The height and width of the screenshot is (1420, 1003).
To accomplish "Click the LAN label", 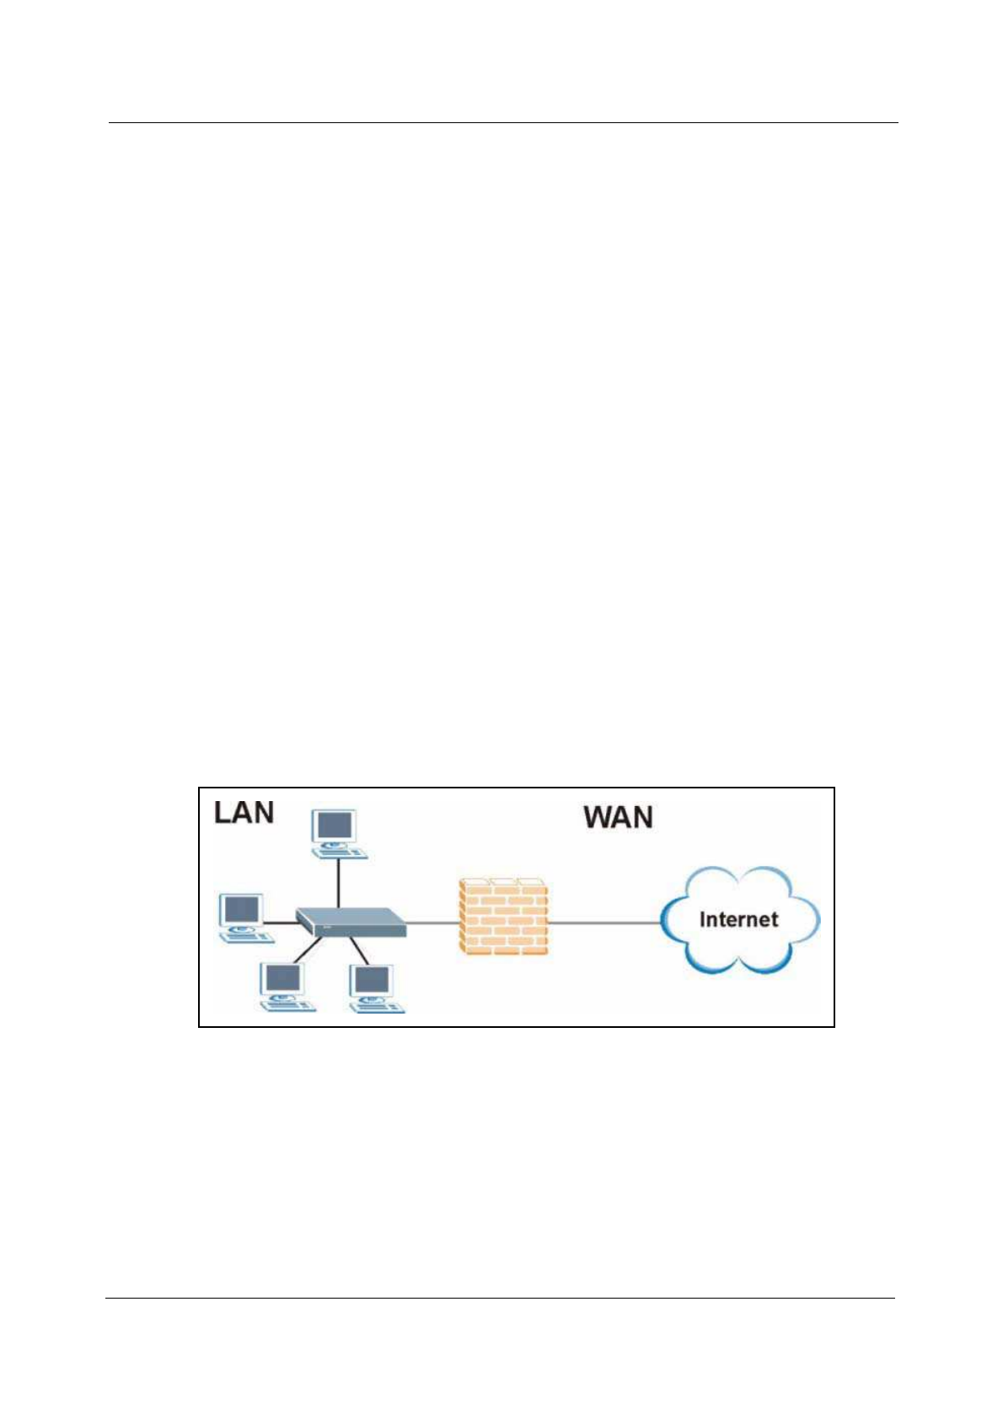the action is click(244, 813).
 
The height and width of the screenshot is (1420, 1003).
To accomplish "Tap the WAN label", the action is click(618, 817).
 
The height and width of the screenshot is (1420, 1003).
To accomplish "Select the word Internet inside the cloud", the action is click(738, 920).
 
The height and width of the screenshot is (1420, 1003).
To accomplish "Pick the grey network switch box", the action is click(351, 922).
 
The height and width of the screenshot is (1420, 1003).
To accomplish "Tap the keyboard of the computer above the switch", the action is click(341, 853).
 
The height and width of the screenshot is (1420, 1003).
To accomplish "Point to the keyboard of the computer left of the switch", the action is click(248, 937).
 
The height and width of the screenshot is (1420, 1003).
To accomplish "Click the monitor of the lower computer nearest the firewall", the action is click(372, 982).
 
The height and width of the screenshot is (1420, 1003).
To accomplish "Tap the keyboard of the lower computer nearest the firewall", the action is click(378, 1008).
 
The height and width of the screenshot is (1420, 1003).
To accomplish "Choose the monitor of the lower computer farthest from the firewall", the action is click(282, 980).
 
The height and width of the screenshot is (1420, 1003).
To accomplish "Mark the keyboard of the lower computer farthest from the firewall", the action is click(289, 1005).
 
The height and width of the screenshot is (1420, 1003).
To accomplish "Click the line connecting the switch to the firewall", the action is click(432, 922).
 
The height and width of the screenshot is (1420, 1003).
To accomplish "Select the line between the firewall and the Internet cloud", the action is click(604, 923).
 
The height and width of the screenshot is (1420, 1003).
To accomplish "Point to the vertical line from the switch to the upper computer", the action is click(339, 884).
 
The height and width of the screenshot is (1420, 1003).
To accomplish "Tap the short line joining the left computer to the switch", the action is click(280, 922).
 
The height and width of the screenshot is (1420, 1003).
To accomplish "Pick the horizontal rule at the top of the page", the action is click(503, 122).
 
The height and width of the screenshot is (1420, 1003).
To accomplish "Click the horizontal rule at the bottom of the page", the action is click(500, 1298).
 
